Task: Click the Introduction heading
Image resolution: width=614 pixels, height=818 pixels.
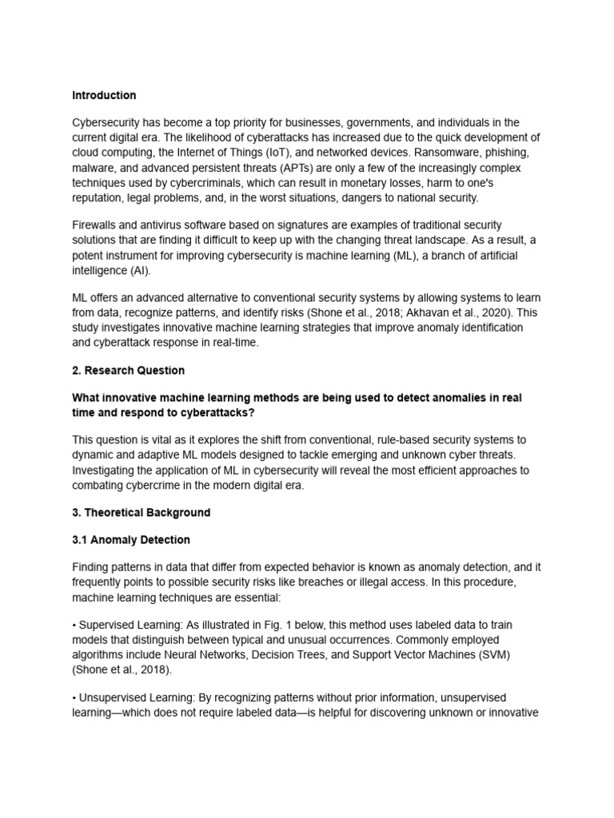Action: tap(104, 95)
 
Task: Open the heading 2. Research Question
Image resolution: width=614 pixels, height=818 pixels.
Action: tap(128, 371)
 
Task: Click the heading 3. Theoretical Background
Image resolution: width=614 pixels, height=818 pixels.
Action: tap(141, 513)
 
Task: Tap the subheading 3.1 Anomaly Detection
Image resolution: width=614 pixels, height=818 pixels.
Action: tap(131, 540)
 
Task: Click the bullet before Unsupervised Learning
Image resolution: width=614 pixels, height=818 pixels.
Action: tap(74, 698)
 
